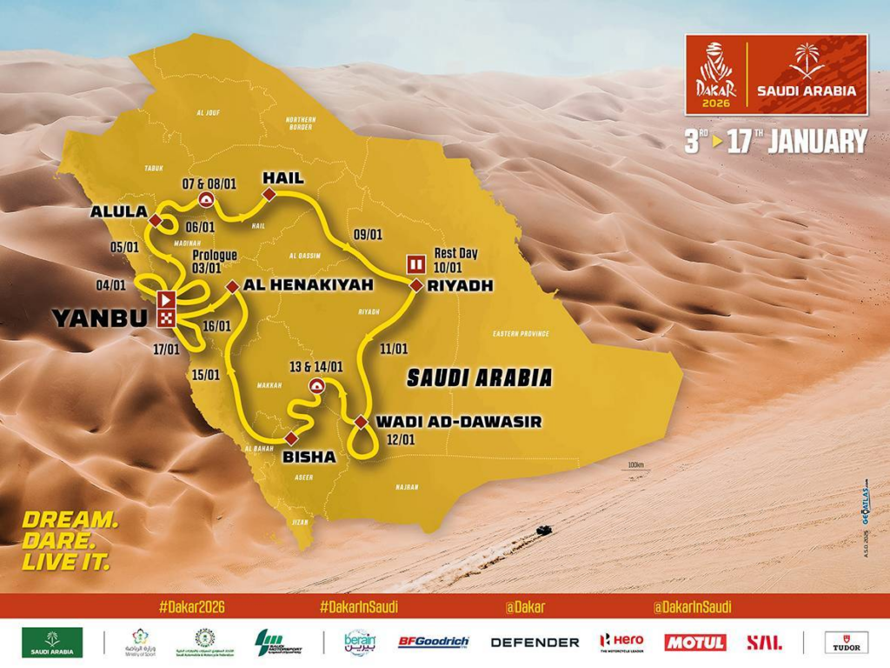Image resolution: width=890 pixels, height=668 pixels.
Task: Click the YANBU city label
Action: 99,318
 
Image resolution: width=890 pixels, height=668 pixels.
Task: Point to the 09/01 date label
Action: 369,234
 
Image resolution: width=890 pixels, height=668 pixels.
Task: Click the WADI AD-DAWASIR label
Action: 458,422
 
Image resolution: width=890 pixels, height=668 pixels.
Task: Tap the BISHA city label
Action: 309,456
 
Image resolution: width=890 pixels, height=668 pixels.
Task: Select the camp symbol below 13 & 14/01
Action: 316,387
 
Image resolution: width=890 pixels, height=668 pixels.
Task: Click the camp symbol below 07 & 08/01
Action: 207,200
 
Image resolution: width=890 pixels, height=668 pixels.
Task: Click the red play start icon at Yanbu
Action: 165,300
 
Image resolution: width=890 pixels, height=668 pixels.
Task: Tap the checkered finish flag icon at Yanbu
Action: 165,318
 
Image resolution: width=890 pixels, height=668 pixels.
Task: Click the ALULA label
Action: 117,212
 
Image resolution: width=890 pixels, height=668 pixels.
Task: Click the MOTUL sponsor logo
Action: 694,642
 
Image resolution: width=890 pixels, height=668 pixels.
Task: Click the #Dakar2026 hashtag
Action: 192,607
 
